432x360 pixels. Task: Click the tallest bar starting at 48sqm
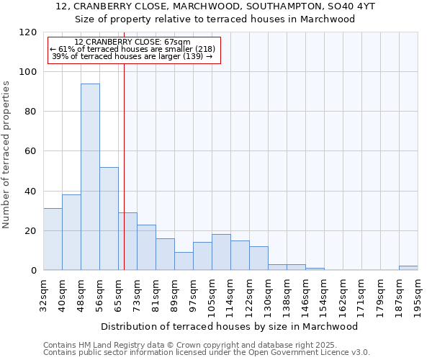coord(90,176)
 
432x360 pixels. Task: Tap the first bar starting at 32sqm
coord(53,239)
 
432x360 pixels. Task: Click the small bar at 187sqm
coord(408,268)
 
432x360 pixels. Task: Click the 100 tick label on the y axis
coord(27,72)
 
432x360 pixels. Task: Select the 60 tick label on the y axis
coord(30,151)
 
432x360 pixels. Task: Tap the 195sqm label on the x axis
coord(418,295)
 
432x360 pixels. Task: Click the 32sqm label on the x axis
coord(44,295)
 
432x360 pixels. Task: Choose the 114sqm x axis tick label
coord(231,295)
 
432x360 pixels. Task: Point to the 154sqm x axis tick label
coord(325,295)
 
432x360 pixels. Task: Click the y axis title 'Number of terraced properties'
coord(7,154)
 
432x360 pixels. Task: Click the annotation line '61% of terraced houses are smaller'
coord(132,50)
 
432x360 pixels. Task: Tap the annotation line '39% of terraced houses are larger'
coord(132,57)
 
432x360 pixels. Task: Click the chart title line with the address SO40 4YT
coord(215,6)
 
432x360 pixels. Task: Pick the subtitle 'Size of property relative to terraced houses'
coord(215,19)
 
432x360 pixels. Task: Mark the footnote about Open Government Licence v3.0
coord(207,352)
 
